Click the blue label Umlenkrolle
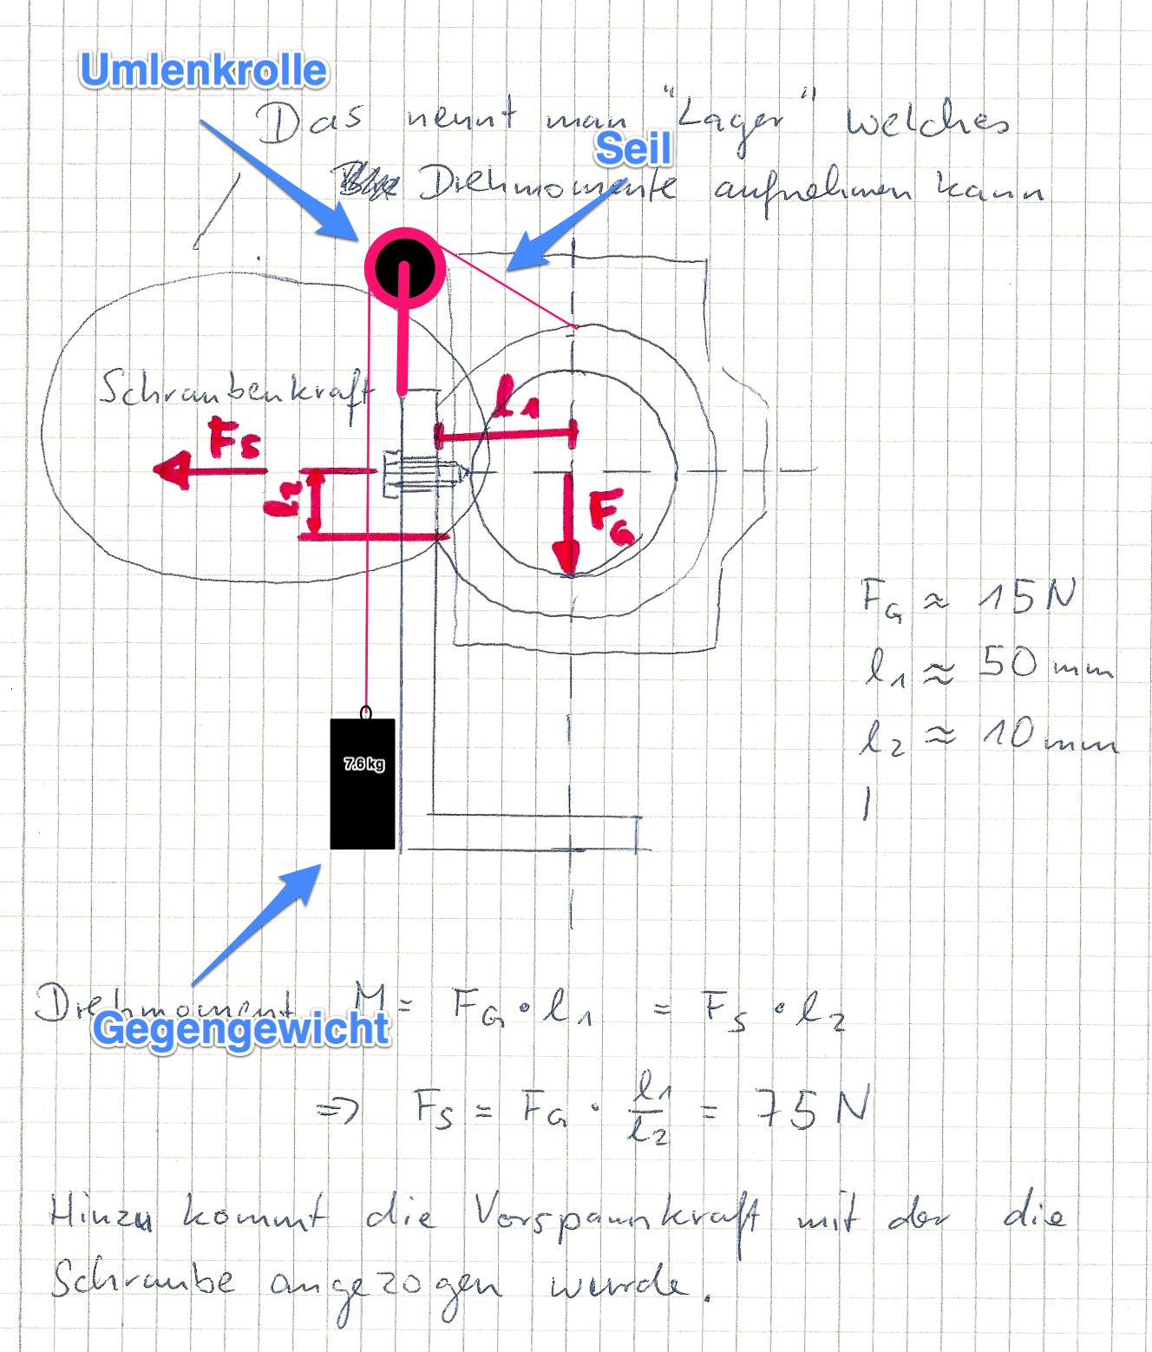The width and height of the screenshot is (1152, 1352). [204, 71]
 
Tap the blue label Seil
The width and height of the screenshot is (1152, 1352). [632, 149]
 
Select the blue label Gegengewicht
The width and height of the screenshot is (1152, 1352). [242, 1029]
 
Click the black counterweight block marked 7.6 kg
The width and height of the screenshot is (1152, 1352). [363, 784]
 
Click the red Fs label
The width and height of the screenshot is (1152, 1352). [234, 440]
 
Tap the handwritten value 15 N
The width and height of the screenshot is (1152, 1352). [1027, 597]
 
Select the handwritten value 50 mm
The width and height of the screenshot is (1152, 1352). [1045, 666]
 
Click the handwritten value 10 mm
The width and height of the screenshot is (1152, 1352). [1049, 737]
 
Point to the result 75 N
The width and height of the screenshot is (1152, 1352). [811, 1109]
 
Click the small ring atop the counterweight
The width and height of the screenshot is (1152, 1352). [366, 712]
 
